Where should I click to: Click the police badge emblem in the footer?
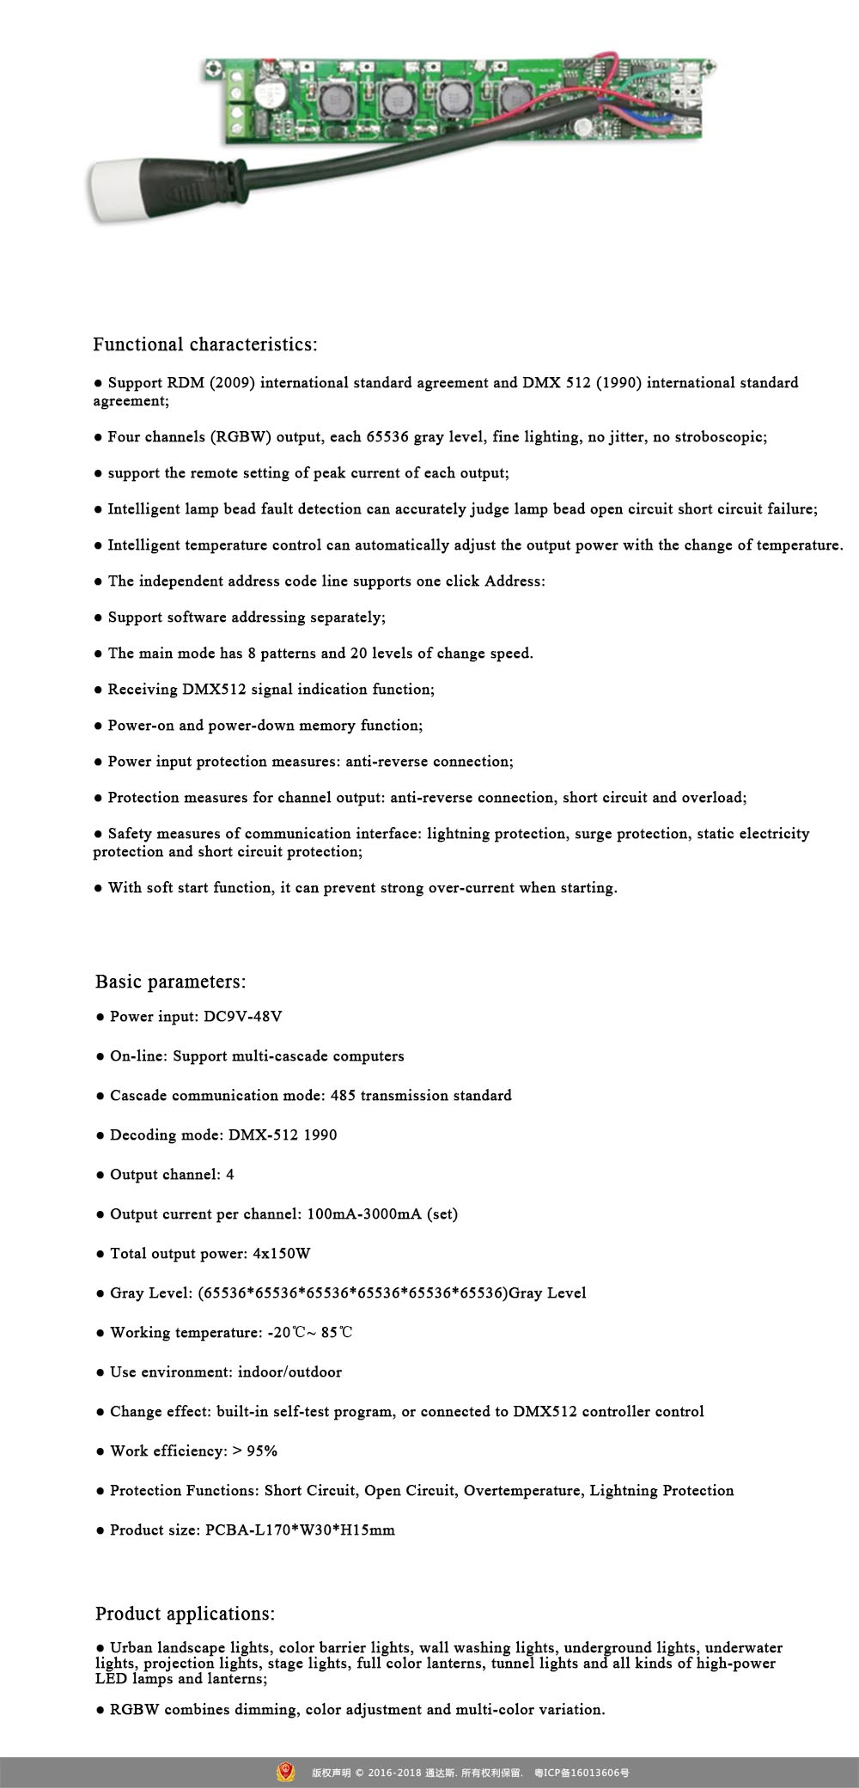click(x=286, y=1771)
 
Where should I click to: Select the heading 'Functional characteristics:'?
click(x=205, y=344)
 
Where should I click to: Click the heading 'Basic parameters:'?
click(x=170, y=982)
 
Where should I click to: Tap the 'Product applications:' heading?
click(x=185, y=1613)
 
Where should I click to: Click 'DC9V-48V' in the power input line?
click(x=243, y=1017)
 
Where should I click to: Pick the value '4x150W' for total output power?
click(x=282, y=1254)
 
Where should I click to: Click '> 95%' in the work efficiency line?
click(x=255, y=1451)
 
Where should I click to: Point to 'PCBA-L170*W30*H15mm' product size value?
click(x=300, y=1530)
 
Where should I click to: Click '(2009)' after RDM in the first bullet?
click(x=232, y=383)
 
